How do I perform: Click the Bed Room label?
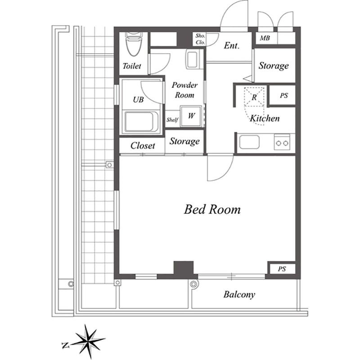coord(212,209)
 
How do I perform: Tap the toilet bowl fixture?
coord(133,44)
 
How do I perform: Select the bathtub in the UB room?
coord(141,121)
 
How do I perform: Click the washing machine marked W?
coord(191,116)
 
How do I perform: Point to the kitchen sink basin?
coord(249,142)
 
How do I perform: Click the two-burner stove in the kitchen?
coord(282,142)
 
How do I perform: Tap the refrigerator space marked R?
coord(254,97)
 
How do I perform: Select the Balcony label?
coord(239,295)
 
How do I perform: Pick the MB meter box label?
coord(265,38)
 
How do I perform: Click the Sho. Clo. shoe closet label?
coord(200,39)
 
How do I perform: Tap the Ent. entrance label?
coord(232,45)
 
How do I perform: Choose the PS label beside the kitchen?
coord(284,95)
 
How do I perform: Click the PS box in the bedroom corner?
coord(282,269)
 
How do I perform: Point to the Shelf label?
coord(172,120)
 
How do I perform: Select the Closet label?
coord(143,145)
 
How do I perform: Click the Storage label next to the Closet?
coord(184,141)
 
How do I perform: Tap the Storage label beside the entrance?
coord(274,66)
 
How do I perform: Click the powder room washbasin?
coord(192,60)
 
